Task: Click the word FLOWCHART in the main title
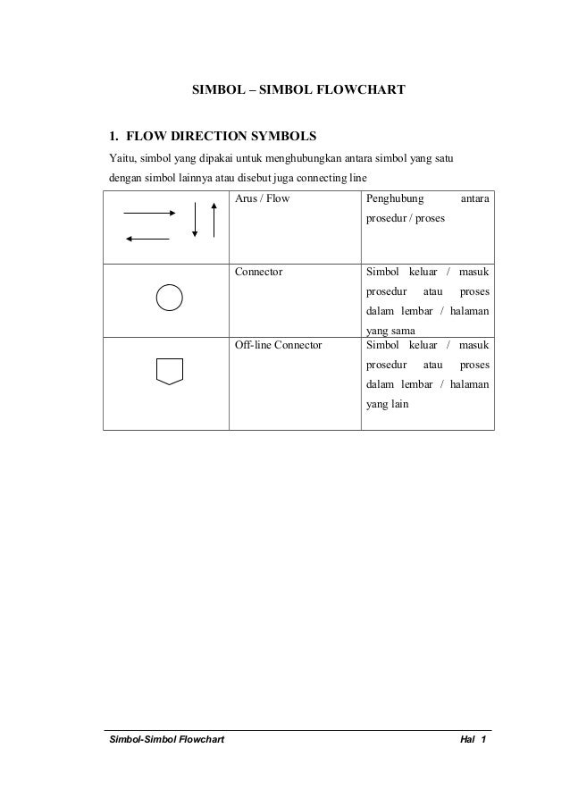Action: [361, 90]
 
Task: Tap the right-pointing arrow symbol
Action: [149, 214]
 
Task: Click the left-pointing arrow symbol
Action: [147, 239]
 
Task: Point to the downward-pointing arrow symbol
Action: [195, 220]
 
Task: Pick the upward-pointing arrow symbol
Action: [214, 220]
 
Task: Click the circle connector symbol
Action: [170, 297]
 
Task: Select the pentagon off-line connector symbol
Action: [170, 370]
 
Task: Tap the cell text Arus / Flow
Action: [263, 198]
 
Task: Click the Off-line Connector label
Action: [278, 344]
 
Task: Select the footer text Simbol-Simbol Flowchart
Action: [166, 741]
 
